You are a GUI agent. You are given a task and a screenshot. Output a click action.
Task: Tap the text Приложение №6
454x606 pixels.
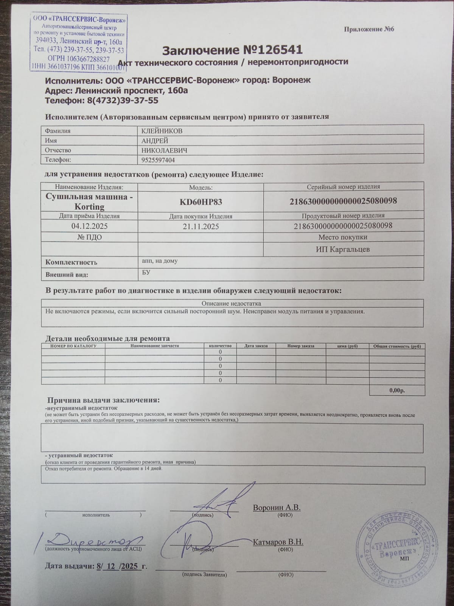click(x=369, y=29)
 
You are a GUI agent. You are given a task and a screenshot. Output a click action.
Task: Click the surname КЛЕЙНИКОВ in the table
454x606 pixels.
click(x=162, y=131)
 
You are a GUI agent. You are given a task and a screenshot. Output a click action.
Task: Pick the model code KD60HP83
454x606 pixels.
click(x=201, y=202)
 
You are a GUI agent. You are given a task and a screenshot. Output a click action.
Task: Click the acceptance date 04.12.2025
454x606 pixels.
click(x=89, y=226)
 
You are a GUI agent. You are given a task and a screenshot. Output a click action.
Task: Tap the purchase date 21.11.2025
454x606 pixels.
click(x=201, y=226)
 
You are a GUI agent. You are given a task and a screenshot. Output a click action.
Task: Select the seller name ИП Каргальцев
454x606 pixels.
click(x=343, y=249)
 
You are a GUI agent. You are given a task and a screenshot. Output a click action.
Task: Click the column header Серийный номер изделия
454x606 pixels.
click(x=343, y=187)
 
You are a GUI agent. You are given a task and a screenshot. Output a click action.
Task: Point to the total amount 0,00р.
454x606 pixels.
click(x=396, y=390)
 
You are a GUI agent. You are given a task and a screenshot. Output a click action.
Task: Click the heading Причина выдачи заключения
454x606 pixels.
click(x=103, y=400)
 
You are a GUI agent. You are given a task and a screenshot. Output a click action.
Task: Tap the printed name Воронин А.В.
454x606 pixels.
click(x=277, y=508)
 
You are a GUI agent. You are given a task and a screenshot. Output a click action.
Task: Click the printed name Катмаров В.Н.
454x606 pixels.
click(x=278, y=542)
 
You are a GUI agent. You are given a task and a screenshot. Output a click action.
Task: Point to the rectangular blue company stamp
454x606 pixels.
click(x=78, y=42)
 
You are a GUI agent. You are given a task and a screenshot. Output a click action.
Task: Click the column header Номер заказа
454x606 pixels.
click(x=300, y=346)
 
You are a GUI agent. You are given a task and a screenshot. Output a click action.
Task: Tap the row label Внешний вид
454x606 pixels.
click(x=67, y=275)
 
